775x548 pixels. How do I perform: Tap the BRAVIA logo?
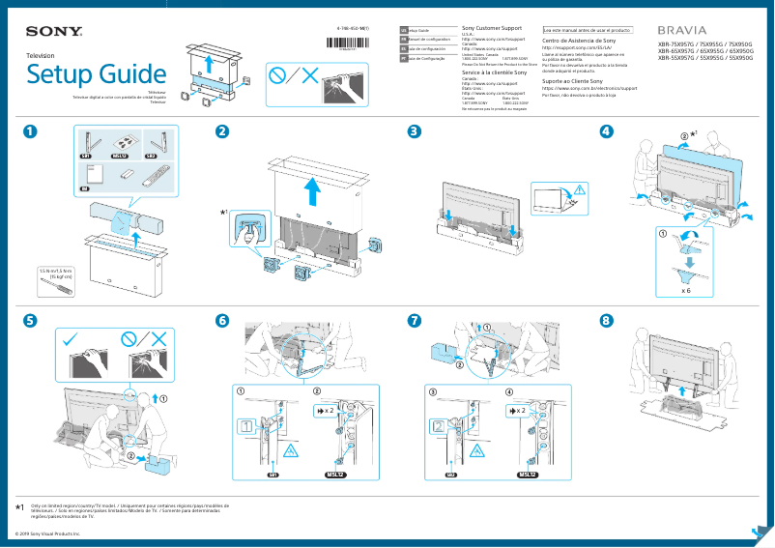pos(681,31)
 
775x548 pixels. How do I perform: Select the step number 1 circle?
pos(31,132)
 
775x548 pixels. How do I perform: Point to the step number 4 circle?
pos(606,132)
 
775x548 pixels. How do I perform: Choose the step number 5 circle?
pos(31,320)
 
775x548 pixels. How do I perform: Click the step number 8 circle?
pos(606,320)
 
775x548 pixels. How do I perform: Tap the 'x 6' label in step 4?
pos(684,289)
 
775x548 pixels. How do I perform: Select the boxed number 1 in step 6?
pos(247,425)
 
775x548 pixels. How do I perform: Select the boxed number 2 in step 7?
pos(439,425)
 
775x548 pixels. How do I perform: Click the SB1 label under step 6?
pos(273,476)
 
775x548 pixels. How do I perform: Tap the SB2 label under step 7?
pos(450,476)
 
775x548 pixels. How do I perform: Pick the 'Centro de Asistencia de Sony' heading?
pos(579,42)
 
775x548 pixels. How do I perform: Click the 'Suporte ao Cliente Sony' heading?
pos(576,81)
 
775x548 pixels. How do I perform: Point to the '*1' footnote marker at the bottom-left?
pos(20,506)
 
